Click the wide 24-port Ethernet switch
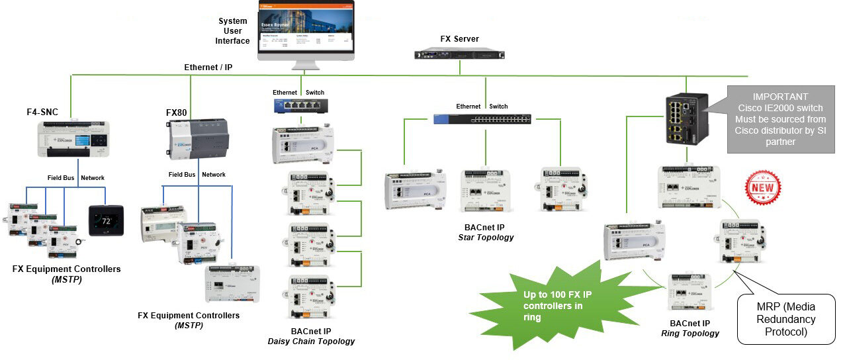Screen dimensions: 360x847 tap(482, 119)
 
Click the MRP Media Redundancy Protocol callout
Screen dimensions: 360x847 tap(785, 319)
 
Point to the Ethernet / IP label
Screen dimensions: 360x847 tap(208, 67)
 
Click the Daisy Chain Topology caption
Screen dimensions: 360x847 tap(311, 341)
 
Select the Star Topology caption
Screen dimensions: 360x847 tap(486, 237)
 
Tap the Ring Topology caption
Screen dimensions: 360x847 tap(690, 334)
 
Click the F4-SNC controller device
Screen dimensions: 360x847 tap(71, 139)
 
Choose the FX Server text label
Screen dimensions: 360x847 tap(459, 39)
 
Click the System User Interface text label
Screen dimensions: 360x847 tap(232, 31)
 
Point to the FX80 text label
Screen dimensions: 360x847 tap(176, 112)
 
